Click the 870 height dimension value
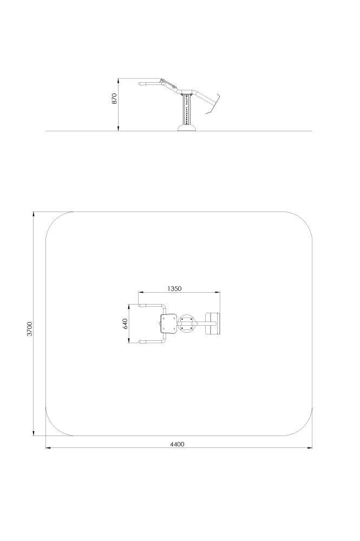pyautogui.click(x=115, y=98)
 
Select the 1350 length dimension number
pyautogui.click(x=174, y=288)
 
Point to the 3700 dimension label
pyautogui.click(x=30, y=329)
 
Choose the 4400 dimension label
pyautogui.click(x=177, y=444)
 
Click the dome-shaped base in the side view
pyautogui.click(x=187, y=128)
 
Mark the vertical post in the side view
pyautogui.click(x=187, y=110)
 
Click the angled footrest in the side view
pyautogui.click(x=213, y=103)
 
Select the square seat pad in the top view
pyautogui.click(x=169, y=324)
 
